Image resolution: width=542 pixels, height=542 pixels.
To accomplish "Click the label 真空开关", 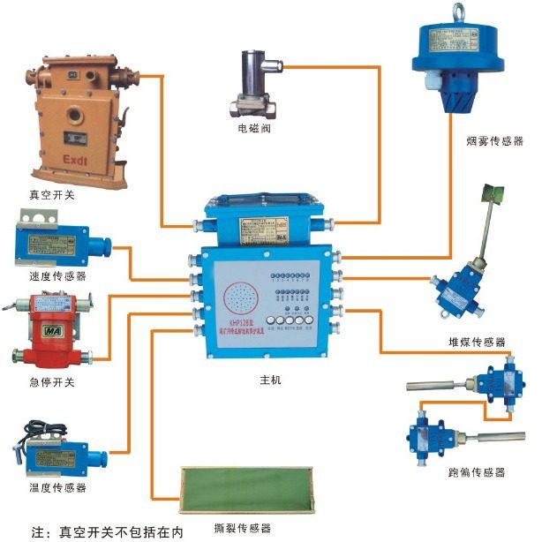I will [x=52, y=194].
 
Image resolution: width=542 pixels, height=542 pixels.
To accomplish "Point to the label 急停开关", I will [x=52, y=382].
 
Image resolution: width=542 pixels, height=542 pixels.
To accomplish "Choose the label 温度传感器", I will [x=56, y=486].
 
